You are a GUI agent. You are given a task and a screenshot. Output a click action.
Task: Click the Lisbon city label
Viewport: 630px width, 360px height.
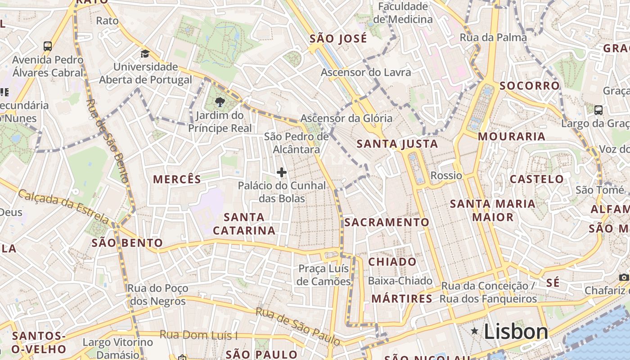point(516,332)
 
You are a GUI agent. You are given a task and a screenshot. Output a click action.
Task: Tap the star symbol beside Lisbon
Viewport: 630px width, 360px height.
point(474,331)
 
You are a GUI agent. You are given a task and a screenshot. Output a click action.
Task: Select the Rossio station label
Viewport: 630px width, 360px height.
point(446,175)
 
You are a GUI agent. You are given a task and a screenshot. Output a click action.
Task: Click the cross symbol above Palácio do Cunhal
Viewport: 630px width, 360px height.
point(282,172)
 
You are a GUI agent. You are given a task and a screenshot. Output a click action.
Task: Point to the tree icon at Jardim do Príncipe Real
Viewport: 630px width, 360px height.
point(220,102)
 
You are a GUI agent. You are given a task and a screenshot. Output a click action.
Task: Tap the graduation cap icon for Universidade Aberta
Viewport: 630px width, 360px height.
point(145,54)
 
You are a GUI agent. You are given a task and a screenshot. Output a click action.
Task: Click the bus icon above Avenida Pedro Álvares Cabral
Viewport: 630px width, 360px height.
point(48,46)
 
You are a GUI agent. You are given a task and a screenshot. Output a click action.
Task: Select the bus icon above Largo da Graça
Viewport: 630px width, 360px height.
point(598,110)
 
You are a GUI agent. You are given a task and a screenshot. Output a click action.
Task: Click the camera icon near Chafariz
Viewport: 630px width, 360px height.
point(624,277)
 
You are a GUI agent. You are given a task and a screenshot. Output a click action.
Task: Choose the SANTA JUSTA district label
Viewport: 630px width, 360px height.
point(397,144)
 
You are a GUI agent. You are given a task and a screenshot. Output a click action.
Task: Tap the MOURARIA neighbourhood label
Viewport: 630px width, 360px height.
point(511,136)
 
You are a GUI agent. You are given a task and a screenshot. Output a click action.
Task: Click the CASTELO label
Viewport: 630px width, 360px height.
point(536,179)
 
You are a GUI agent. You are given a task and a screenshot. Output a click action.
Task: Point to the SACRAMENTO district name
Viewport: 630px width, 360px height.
point(387,222)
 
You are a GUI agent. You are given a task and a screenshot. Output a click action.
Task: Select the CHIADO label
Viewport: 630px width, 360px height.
point(392,261)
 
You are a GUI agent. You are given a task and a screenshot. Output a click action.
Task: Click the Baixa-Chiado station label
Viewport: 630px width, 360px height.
point(400,281)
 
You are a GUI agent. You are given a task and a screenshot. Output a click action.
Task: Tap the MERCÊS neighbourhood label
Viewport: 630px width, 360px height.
point(177,179)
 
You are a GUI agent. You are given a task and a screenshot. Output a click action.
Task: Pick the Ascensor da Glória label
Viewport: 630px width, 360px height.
point(346,118)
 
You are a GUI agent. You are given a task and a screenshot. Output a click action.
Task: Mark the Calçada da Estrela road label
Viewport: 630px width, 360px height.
point(63,206)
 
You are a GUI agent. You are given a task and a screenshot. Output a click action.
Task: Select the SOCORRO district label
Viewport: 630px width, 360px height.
point(529,85)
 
